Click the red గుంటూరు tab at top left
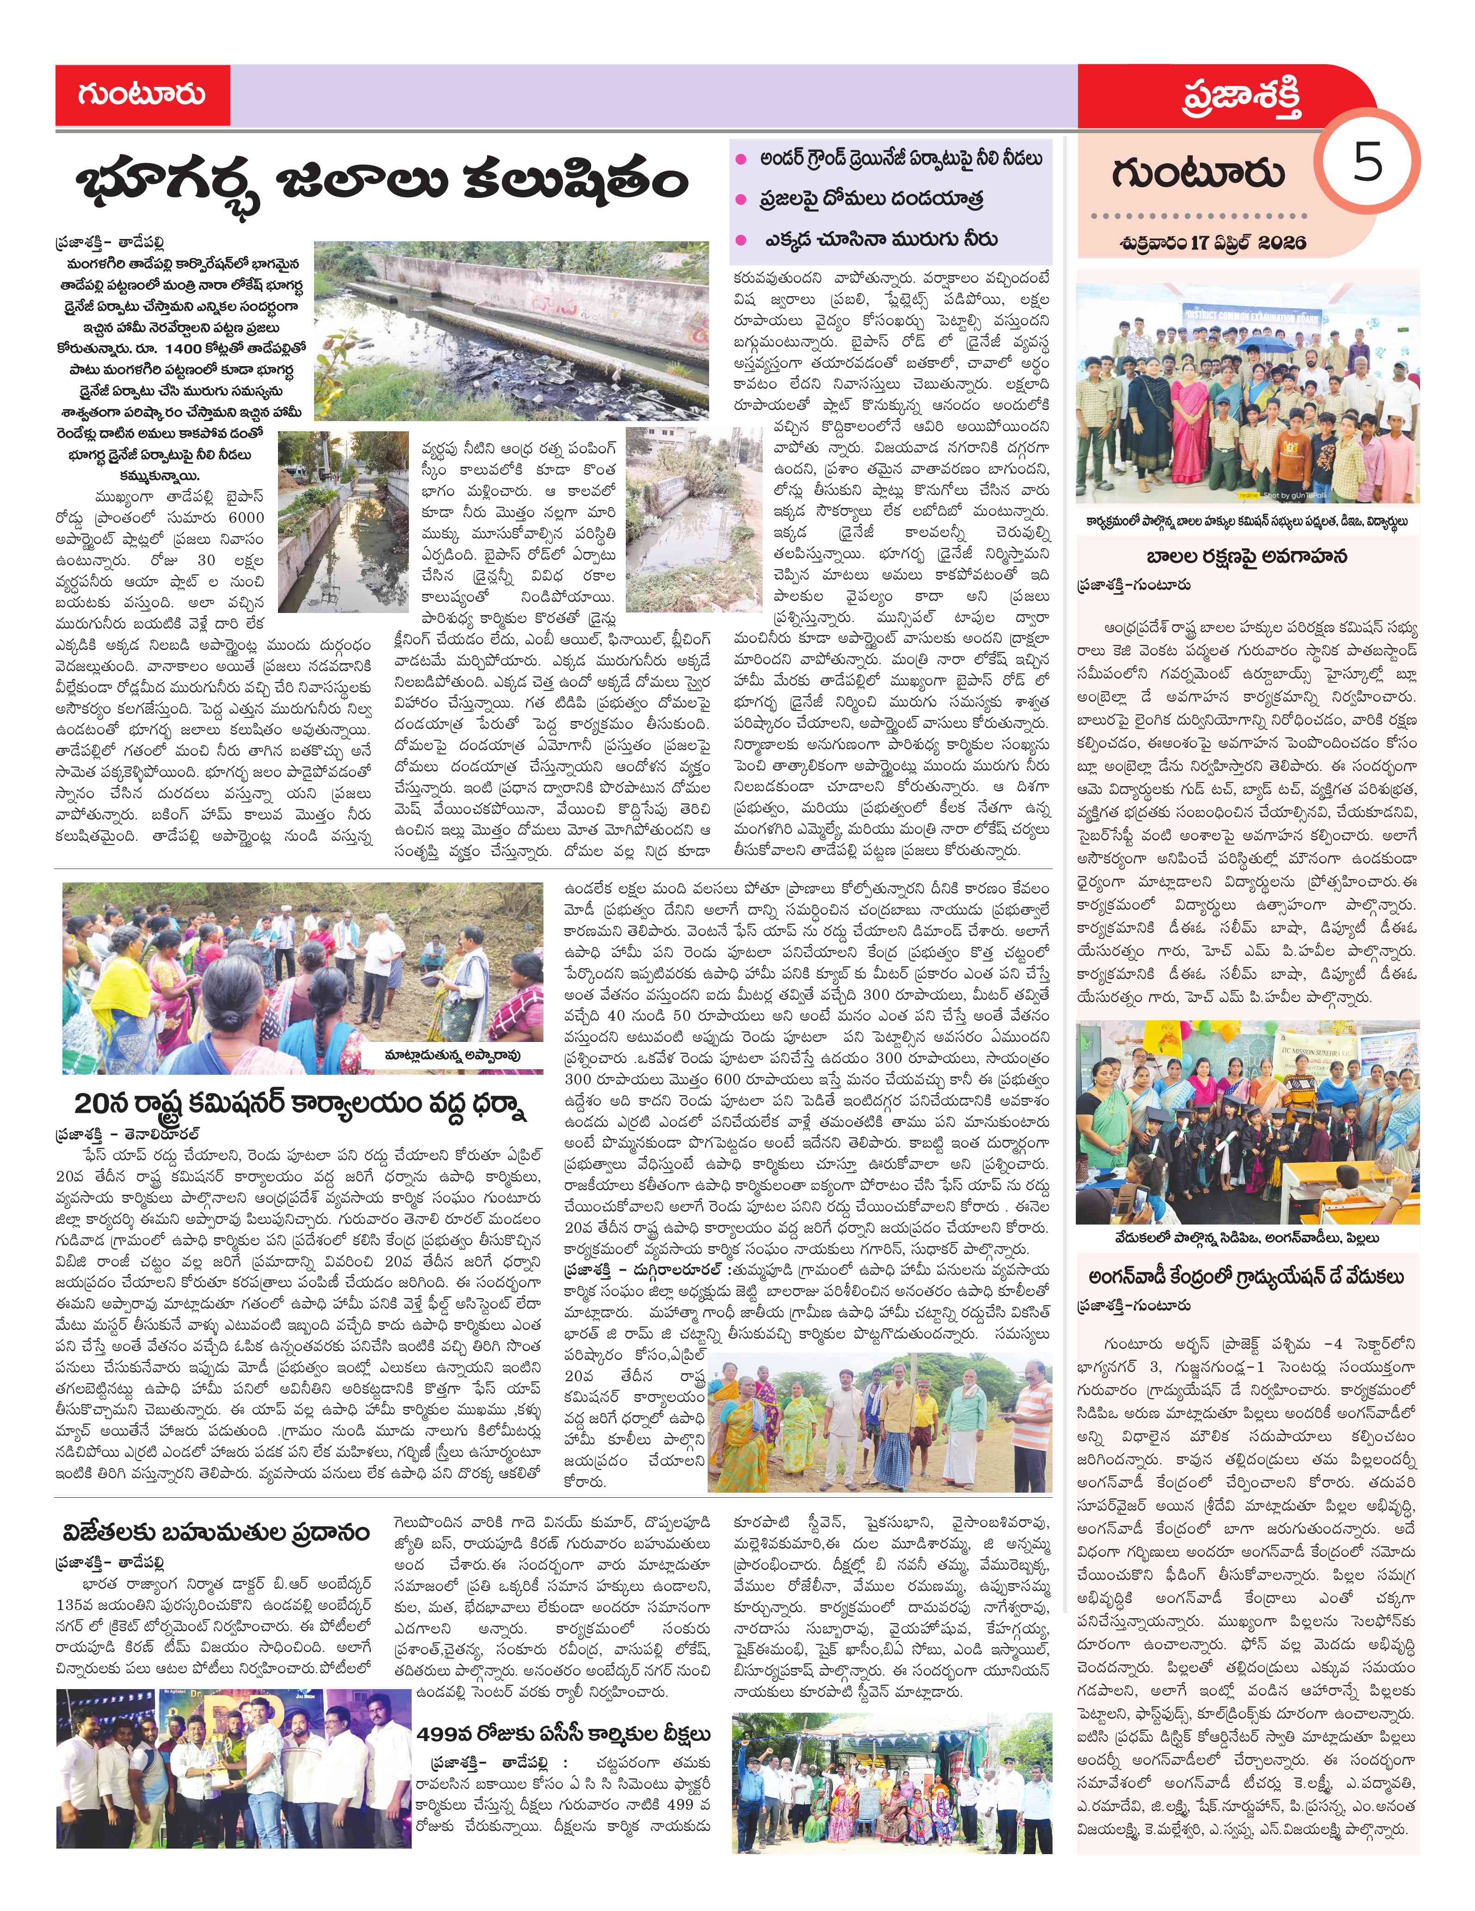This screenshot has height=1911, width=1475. [142, 94]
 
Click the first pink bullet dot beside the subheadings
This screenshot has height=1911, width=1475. [741, 159]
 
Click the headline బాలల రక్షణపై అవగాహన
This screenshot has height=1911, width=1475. [1247, 557]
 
